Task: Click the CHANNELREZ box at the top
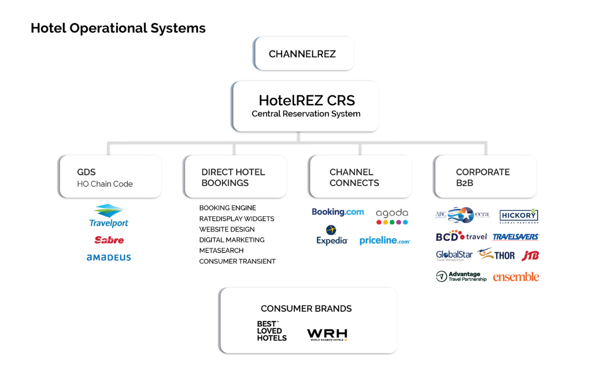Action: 302,54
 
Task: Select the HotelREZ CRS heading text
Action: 306,100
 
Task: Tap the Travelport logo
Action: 109,216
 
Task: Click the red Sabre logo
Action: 109,240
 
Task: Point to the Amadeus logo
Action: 109,258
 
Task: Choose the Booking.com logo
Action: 338,212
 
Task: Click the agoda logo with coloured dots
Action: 392,216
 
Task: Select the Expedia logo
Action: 332,235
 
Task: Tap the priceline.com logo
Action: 384,241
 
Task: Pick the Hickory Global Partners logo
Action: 519,216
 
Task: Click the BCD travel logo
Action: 461,236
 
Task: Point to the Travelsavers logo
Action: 516,237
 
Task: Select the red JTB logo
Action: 530,256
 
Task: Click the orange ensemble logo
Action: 516,277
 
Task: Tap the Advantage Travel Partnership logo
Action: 461,277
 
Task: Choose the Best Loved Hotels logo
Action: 272,331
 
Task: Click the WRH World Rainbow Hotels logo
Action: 327,335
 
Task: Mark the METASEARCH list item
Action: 221,251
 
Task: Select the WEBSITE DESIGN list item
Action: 227,229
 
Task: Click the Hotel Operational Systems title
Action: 118,28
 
